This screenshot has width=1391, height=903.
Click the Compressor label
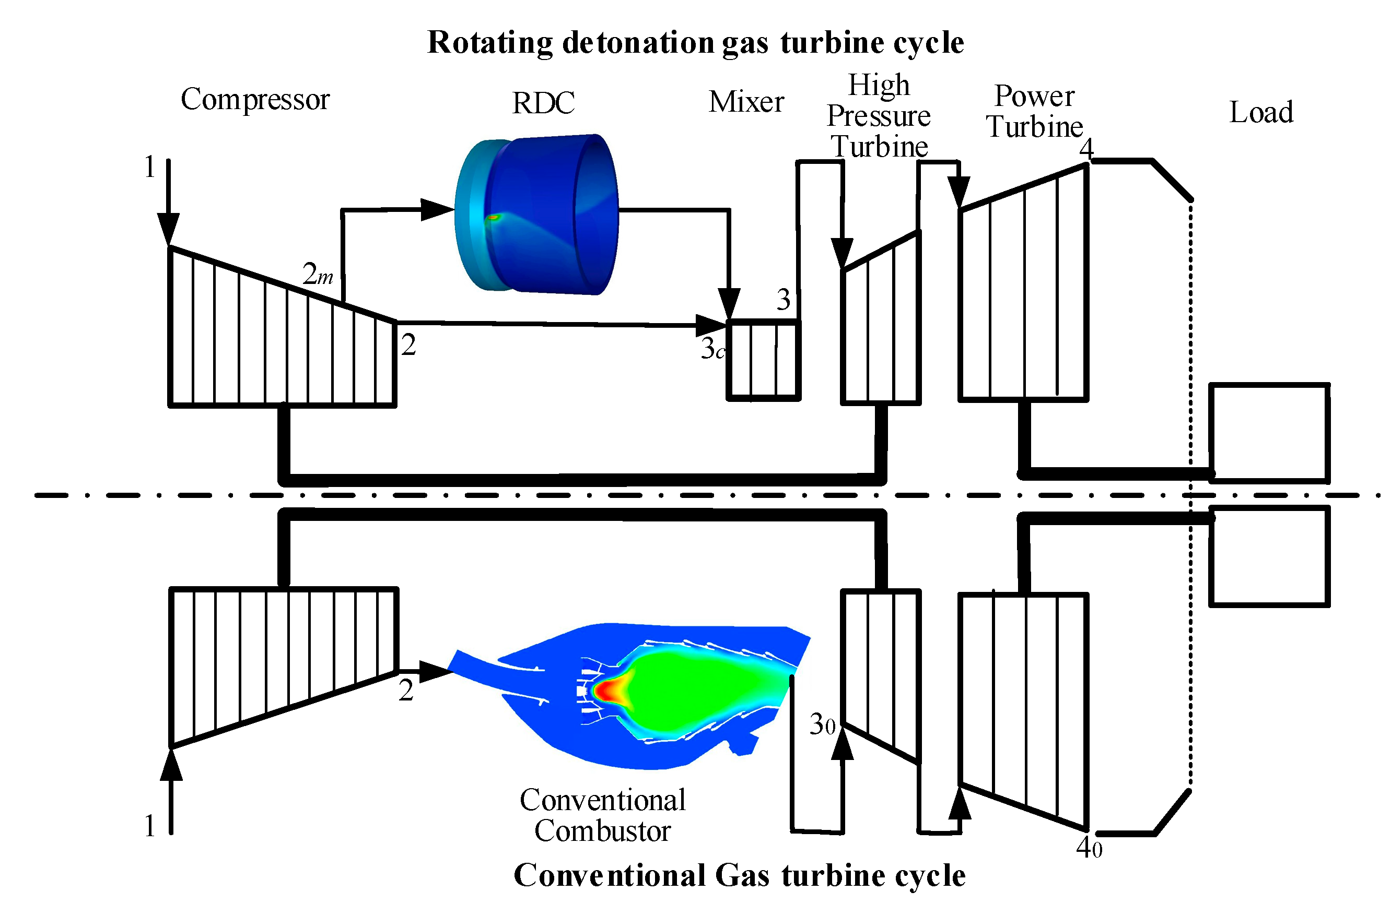pyautogui.click(x=255, y=100)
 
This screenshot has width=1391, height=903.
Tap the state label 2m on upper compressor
pyautogui.click(x=318, y=274)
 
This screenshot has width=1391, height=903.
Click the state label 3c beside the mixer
pyautogui.click(x=712, y=349)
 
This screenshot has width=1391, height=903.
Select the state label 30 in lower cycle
pyautogui.click(x=822, y=725)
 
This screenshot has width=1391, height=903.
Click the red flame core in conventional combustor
pyautogui.click(x=608, y=691)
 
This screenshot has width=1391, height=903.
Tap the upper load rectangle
pyautogui.click(x=1269, y=433)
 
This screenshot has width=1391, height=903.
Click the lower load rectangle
pyautogui.click(x=1269, y=556)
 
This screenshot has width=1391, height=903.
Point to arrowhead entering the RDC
pyautogui.click(x=437, y=209)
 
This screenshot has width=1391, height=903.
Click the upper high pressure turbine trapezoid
pyautogui.click(x=881, y=327)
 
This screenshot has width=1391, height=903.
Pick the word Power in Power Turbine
pyautogui.click(x=1034, y=96)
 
